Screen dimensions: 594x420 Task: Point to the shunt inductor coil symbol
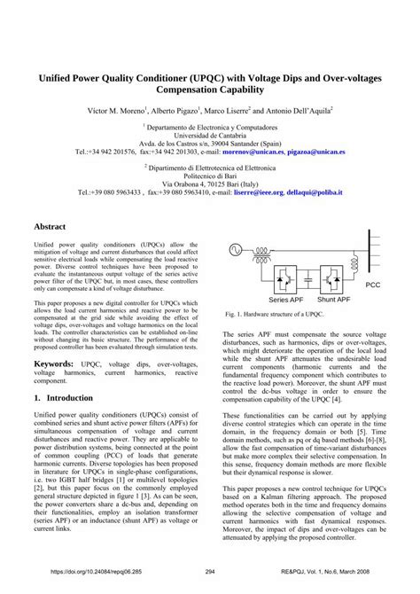coord(354,262)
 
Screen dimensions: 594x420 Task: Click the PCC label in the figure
coord(372,285)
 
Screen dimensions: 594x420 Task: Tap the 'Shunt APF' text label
coord(333,301)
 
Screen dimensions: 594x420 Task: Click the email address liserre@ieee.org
coord(259,191)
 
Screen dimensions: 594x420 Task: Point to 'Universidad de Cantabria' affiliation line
coord(210,134)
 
